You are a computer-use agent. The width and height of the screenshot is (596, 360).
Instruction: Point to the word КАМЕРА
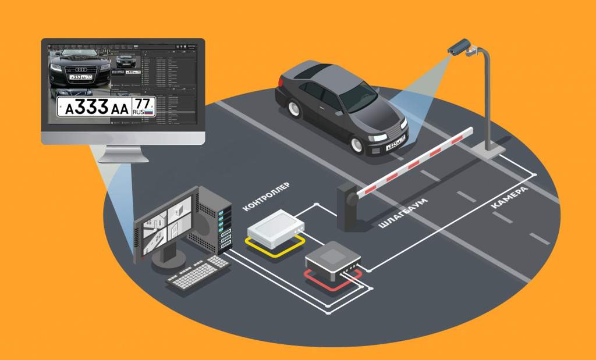click(509, 198)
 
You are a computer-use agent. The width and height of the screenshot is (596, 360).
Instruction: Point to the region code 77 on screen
click(143, 103)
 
